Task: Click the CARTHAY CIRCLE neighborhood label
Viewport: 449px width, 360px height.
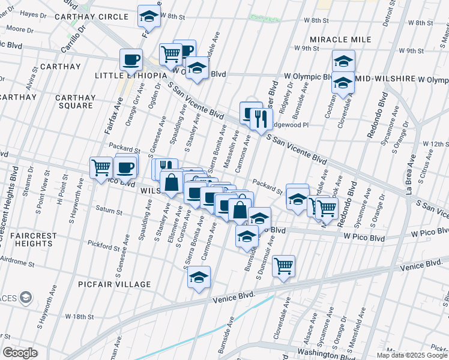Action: click(x=91, y=17)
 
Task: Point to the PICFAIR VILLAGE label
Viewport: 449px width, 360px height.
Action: click(x=114, y=284)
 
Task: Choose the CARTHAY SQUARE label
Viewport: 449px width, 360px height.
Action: click(x=76, y=101)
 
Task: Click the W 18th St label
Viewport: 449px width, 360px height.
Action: click(x=80, y=316)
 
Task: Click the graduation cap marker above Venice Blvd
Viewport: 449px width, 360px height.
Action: click(x=199, y=277)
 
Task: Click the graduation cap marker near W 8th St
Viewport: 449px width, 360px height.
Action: click(x=149, y=17)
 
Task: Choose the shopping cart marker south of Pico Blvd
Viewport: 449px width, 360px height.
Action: click(x=283, y=265)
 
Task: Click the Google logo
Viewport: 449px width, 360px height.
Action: click(x=20, y=353)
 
